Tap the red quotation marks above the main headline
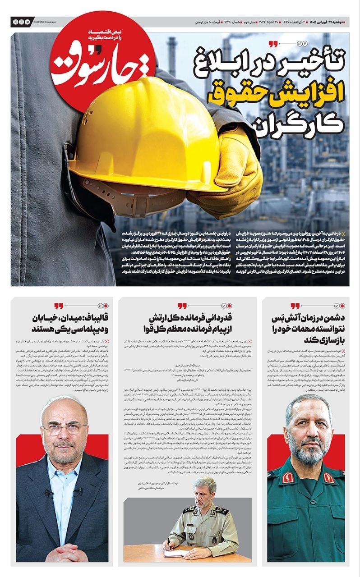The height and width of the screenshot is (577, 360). [x=272, y=44]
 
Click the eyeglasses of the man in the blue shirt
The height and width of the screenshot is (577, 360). [x=63, y=428]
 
